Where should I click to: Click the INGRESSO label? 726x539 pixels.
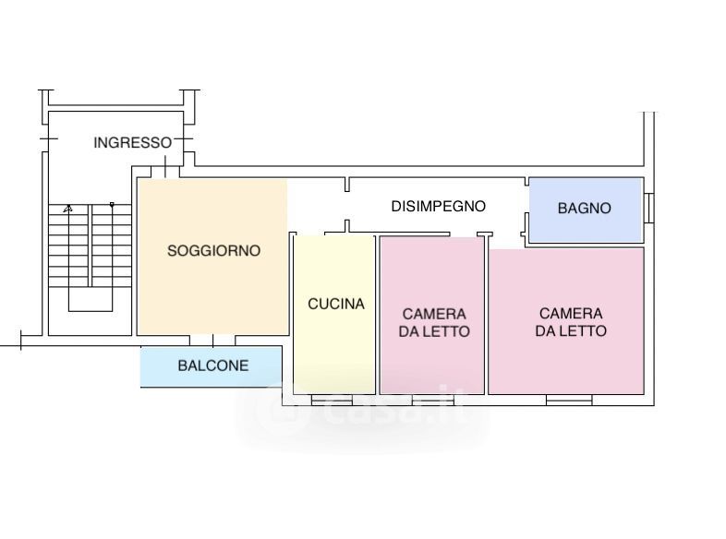click(132, 142)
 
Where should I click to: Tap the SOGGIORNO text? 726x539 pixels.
click(213, 251)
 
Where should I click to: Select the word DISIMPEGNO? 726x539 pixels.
click(438, 207)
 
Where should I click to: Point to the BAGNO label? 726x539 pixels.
click(584, 209)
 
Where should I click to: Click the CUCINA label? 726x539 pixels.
click(335, 304)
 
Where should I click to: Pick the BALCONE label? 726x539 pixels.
click(213, 365)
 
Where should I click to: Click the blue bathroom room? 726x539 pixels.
click(585, 210)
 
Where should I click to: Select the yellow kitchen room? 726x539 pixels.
click(334, 315)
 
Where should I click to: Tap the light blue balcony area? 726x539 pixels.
click(212, 367)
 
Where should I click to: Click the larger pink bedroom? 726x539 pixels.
click(566, 321)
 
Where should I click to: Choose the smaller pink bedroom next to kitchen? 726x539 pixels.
click(432, 316)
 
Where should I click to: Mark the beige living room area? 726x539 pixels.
click(212, 258)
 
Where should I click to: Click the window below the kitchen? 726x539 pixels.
click(332, 400)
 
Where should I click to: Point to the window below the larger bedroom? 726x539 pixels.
click(569, 400)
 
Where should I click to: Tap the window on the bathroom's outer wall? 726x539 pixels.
click(649, 208)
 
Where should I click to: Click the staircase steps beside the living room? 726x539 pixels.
click(91, 246)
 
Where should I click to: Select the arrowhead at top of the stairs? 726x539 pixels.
click(68, 209)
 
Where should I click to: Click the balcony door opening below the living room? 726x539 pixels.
click(212, 341)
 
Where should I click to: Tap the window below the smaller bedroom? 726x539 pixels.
click(432, 400)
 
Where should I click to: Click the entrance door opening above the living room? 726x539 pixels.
click(165, 172)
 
